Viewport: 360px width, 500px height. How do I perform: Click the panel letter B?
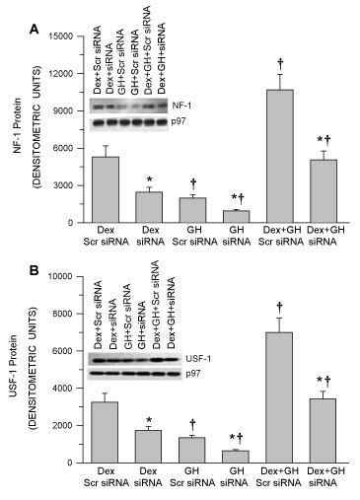pos(36,267)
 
